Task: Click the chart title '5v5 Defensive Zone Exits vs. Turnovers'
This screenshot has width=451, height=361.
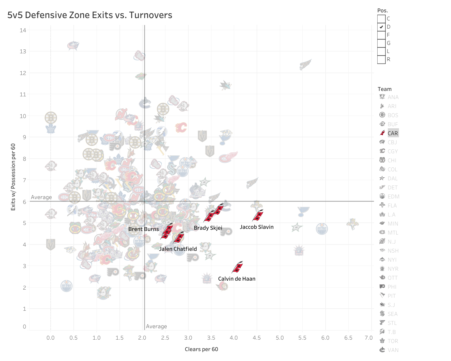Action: point(90,15)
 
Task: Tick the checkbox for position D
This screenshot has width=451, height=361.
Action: point(381,27)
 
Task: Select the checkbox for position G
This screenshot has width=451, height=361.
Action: point(381,43)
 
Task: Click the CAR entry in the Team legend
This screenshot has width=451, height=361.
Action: point(392,133)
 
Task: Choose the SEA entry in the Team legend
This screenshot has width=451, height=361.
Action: point(392,314)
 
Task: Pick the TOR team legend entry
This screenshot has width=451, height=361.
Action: point(392,341)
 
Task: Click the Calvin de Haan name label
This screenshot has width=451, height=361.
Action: point(236,279)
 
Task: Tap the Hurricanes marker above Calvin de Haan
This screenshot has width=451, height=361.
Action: point(237,267)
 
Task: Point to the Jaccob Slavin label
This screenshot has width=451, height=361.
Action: point(256,227)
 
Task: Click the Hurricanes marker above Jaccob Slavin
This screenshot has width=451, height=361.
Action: point(258,215)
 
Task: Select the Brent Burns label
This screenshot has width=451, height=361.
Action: point(144,229)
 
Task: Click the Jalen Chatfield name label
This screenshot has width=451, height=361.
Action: point(178,249)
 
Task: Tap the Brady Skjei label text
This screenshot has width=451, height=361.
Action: point(208,228)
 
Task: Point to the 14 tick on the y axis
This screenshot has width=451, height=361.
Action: point(23,30)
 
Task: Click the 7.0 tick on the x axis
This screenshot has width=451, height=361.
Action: point(369,338)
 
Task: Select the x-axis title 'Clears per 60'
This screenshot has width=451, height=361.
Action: point(201,349)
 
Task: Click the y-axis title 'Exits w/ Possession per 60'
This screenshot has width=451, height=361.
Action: point(13,177)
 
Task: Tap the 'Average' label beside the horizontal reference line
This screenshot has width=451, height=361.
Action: point(41,197)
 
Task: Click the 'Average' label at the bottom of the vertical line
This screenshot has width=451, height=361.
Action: point(156,326)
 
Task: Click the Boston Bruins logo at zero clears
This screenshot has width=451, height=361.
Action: point(51,117)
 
